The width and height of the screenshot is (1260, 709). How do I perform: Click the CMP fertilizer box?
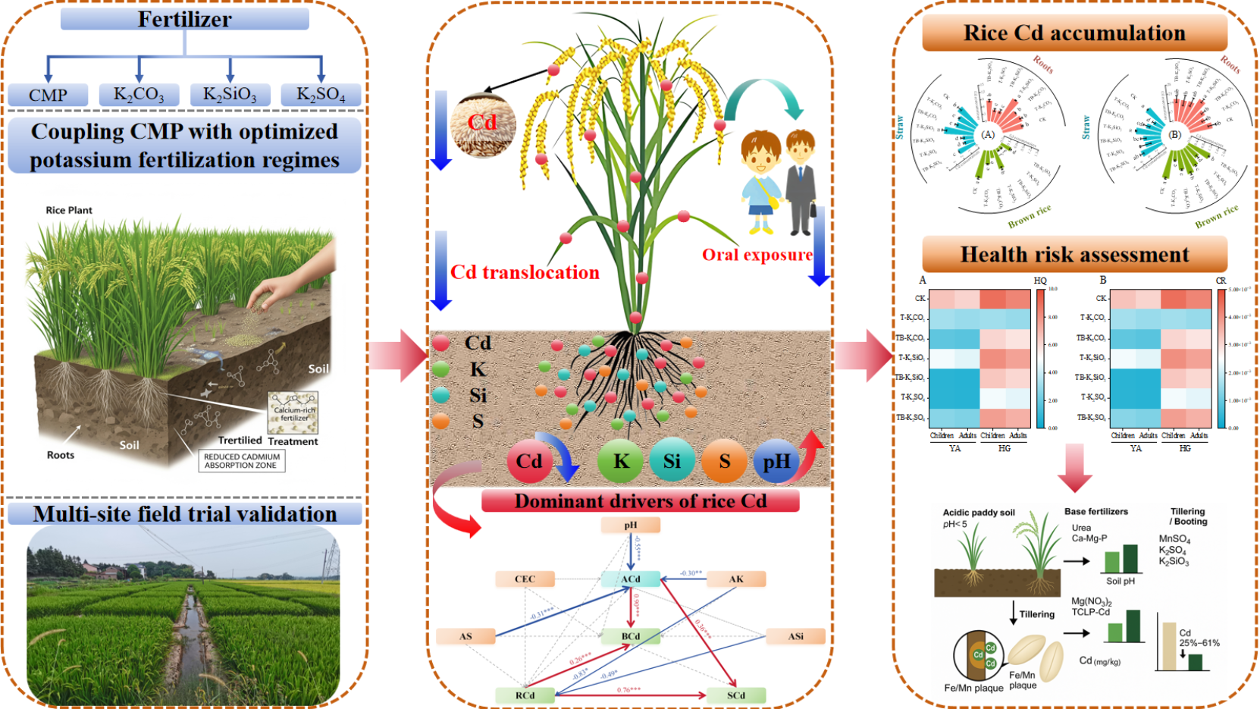(48, 95)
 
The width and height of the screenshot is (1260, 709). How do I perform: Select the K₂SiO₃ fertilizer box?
(230, 95)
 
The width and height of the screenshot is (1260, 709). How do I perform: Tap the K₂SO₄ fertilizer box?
(321, 95)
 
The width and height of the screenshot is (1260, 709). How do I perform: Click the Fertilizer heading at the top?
(184, 19)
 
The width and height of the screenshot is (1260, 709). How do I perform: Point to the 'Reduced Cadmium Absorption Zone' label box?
(242, 461)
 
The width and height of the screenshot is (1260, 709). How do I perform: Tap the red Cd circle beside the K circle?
(529, 461)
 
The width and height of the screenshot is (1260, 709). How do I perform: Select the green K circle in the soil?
(620, 461)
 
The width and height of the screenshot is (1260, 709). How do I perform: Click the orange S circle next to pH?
(724, 461)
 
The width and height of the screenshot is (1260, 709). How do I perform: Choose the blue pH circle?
(776, 461)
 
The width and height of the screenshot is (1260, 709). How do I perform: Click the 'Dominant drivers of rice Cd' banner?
(640, 501)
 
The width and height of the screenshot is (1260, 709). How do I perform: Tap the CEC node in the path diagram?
(525, 579)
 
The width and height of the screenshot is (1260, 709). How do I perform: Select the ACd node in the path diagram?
(631, 579)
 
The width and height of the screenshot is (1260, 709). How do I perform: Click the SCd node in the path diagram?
(735, 695)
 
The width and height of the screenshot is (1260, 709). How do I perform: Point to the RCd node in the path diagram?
(525, 695)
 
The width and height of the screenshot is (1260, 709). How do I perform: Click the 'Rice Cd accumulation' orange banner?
(1074, 33)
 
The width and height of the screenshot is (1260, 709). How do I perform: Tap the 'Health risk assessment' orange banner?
(1074, 255)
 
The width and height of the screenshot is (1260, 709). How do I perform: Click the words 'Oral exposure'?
(757, 255)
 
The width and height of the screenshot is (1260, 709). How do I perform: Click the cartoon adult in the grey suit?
(801, 182)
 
